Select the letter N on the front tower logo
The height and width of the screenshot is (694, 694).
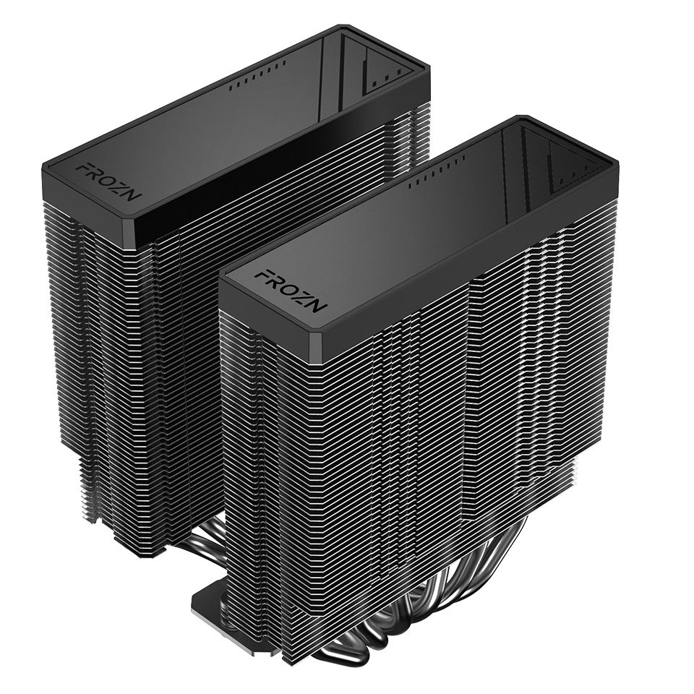(x=318, y=304)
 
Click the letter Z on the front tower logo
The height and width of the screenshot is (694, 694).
(x=304, y=296)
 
